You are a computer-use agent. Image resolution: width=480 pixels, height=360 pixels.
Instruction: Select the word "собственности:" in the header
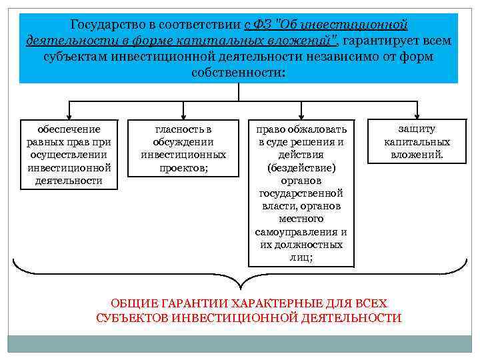coord(239,71)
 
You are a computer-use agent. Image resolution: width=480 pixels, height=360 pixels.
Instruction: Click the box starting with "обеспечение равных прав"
coord(69,154)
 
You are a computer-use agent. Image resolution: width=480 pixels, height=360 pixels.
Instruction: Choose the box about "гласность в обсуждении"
coord(183,148)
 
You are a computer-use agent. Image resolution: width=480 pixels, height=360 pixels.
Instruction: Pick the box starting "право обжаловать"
coord(301,193)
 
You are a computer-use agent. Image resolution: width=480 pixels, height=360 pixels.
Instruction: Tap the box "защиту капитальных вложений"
coord(417,142)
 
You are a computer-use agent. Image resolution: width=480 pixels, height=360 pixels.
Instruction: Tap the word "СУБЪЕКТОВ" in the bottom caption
coord(131,317)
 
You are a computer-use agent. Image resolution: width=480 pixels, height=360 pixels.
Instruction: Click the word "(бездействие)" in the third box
coord(301,167)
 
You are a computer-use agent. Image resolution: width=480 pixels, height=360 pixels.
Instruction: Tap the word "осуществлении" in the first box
coord(69,154)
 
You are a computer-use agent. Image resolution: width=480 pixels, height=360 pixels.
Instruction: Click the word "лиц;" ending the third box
coord(301,257)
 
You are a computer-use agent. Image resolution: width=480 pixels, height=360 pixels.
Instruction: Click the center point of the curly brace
coord(239,280)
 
